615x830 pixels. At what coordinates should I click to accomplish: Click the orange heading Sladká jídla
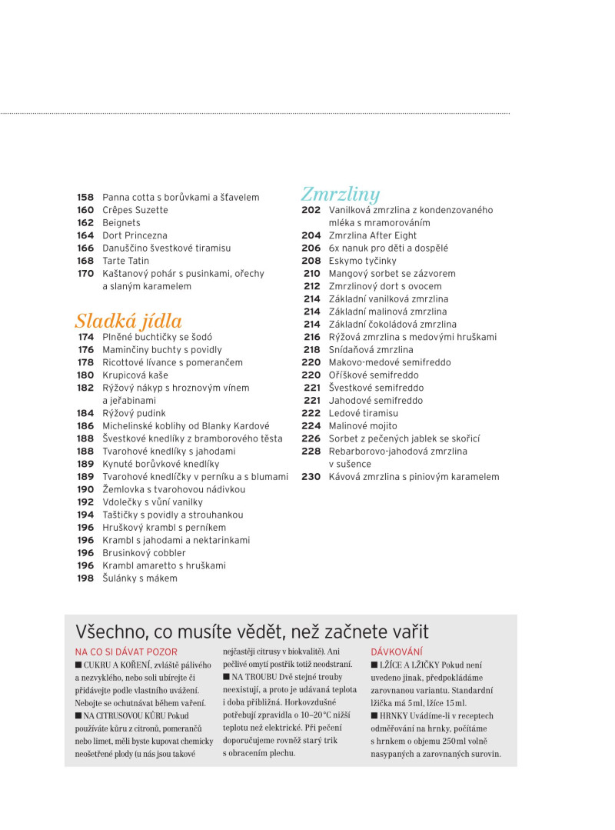[128, 320]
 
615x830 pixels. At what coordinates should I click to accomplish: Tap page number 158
[85, 198]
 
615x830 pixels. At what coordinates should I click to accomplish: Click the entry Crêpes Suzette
[135, 210]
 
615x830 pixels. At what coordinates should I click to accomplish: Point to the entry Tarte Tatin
[126, 261]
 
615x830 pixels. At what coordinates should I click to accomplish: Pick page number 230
[311, 477]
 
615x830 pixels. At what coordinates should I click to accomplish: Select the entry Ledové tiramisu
[364, 413]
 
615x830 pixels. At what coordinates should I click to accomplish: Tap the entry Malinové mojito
[363, 425]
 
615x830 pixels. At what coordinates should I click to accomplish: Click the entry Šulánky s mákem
[140, 578]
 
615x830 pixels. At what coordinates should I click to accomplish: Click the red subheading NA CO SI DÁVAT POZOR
[125, 652]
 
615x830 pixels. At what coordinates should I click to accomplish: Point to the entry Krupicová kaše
[135, 375]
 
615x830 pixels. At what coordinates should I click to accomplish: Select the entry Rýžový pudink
[134, 413]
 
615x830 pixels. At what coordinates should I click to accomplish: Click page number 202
[311, 210]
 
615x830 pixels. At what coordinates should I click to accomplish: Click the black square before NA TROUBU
[227, 677]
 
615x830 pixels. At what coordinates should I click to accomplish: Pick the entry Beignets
[121, 223]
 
